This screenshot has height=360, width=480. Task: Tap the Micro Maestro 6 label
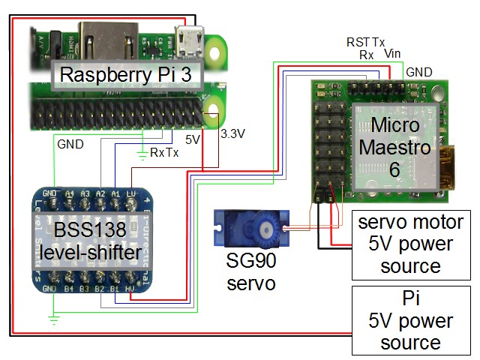(x=394, y=145)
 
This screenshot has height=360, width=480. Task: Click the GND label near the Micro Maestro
(x=418, y=72)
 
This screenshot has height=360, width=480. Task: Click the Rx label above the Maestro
(x=367, y=55)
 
